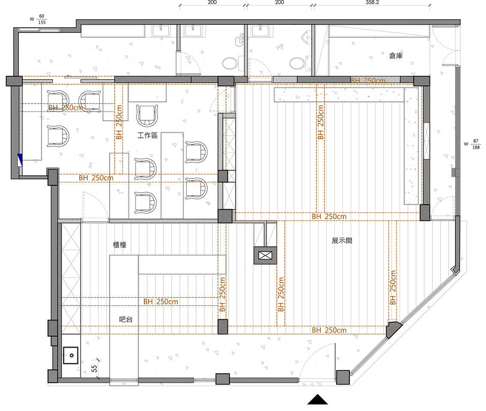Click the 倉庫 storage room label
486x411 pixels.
point(396,56)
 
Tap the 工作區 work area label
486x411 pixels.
point(148,135)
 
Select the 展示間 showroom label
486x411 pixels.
point(342,241)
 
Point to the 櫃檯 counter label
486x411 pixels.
point(119,245)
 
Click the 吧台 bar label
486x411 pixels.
point(126,319)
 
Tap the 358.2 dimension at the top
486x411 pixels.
point(372,2)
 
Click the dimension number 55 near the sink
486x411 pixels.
point(94,369)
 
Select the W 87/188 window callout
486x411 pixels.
point(473,144)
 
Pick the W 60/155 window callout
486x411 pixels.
point(39,19)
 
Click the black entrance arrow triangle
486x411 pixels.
point(317,400)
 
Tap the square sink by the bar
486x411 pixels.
point(71,355)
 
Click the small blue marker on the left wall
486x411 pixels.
point(20,160)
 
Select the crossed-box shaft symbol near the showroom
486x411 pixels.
point(265,256)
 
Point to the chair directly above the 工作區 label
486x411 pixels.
point(147,115)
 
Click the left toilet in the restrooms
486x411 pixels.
point(231,63)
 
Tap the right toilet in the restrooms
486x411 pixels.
point(298,63)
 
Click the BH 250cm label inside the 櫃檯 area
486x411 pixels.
point(161,301)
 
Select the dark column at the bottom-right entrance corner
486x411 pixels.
point(343,377)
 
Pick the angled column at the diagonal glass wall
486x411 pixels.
point(393,329)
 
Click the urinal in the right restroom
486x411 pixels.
point(306,37)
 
